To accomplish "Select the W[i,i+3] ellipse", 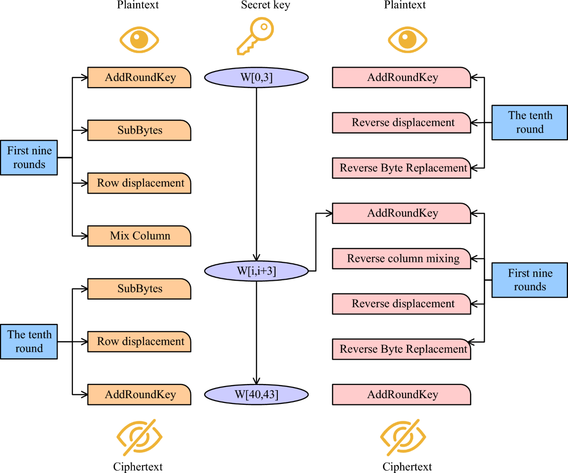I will pos(256,271).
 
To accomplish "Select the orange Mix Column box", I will pos(139,236).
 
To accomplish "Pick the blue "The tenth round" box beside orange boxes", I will pos(29,341).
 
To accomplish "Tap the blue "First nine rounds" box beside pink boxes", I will pos(530,280).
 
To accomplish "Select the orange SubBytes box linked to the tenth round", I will pos(139,289).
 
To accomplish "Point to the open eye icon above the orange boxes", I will pos(139,39).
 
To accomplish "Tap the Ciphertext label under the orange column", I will pos(138,467).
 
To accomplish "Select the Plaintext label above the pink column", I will pos(405,5).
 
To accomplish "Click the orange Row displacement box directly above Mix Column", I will pos(139,183).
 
